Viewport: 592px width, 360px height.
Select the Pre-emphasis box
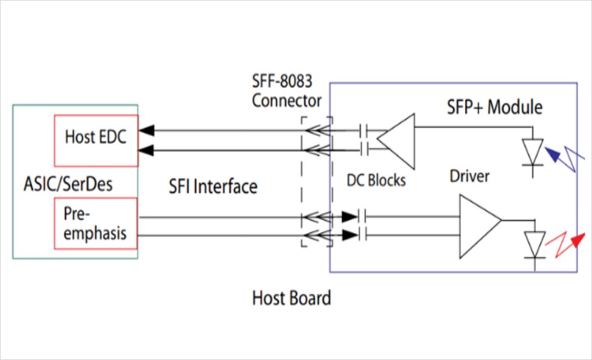[x=96, y=223]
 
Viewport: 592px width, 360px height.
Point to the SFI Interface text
[x=213, y=186]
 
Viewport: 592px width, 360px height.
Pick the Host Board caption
[x=291, y=298]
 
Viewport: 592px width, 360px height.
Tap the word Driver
[x=470, y=176]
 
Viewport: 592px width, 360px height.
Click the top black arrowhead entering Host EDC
[x=147, y=130]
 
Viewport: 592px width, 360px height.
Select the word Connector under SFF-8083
[x=287, y=100]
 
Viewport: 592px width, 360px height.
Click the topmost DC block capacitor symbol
[x=364, y=130]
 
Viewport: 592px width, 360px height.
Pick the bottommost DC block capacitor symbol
[x=364, y=234]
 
